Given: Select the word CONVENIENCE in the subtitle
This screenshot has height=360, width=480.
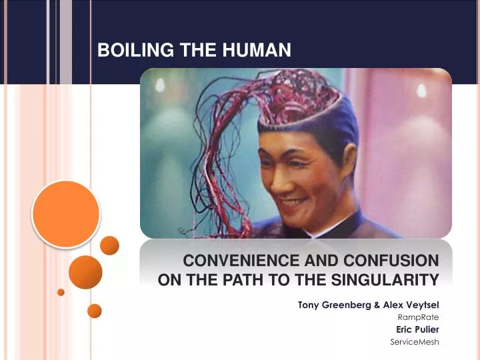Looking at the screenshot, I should (x=241, y=261).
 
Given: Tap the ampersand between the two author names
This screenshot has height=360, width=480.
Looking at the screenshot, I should (x=377, y=305).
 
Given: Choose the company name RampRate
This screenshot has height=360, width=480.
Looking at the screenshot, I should (x=418, y=317).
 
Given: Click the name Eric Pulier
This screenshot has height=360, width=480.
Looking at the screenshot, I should (x=417, y=329).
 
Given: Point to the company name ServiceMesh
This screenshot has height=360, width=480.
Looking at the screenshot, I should (x=414, y=342).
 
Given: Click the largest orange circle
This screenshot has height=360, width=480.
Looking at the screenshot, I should (x=66, y=214).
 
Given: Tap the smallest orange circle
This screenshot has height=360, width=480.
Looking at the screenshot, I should (x=61, y=292).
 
